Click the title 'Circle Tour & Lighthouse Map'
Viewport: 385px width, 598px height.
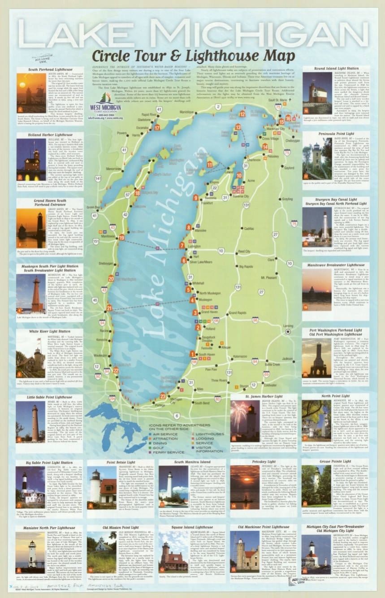coord(193,56)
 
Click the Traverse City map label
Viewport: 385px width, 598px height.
coord(240,196)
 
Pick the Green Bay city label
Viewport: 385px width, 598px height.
coord(93,207)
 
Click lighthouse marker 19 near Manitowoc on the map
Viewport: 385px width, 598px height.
coord(121,237)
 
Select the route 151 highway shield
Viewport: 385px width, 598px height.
coord(96,241)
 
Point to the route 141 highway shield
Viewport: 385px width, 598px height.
coord(98,178)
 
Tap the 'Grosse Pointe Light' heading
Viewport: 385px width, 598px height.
coord(335,461)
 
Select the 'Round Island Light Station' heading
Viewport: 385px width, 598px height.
coord(335,69)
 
